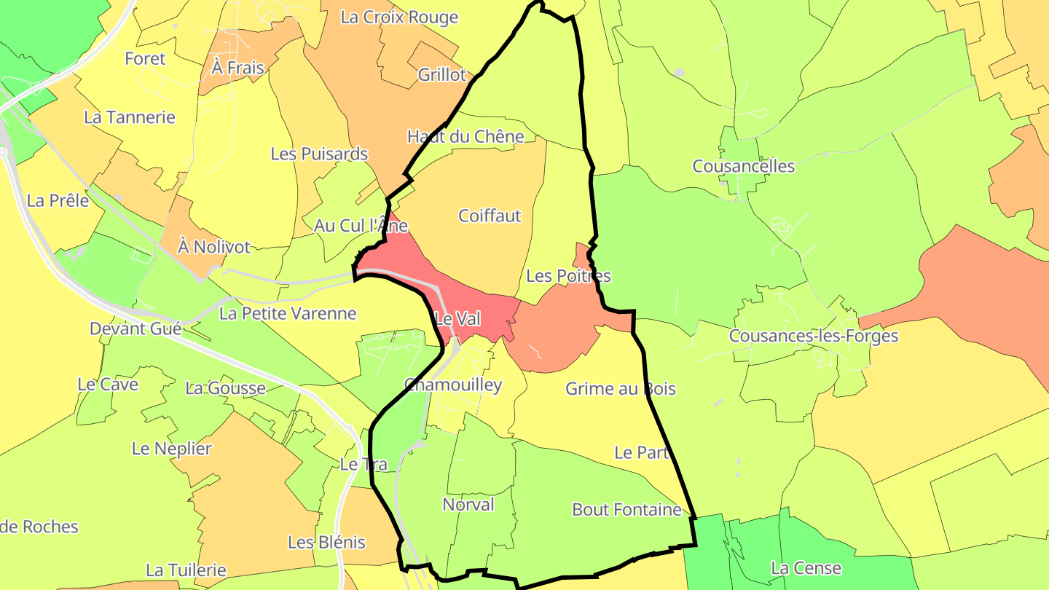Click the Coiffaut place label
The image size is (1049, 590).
490,216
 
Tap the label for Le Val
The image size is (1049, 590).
457,318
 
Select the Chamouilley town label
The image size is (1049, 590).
453,385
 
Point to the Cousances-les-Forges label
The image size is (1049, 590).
813,336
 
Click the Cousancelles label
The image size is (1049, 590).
743,166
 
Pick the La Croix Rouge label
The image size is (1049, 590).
399,17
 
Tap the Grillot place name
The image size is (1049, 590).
441,74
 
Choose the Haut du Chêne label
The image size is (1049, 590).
465,136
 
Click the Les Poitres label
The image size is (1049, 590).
568,276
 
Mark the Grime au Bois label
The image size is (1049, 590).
621,388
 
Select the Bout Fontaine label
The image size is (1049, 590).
626,509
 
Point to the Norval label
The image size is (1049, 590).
468,504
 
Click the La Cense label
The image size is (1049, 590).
806,567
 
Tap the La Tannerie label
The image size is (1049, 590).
130,117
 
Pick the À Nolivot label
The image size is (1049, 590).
214,247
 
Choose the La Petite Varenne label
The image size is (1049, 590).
288,313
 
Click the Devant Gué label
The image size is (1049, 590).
135,329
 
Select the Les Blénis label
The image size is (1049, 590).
326,542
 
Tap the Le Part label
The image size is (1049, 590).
642,452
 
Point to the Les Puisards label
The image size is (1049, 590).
319,154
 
